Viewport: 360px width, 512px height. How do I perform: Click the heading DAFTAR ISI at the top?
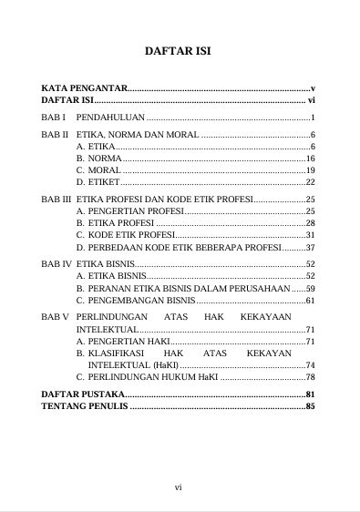coord(179,51)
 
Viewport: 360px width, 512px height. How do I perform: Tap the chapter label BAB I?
coord(54,119)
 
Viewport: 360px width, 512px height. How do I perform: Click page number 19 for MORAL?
coord(310,170)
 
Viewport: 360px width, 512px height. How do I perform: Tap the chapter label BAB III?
coord(57,199)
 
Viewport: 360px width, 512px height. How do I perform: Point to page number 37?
coord(310,247)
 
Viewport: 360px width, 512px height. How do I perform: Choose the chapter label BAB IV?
coord(57,263)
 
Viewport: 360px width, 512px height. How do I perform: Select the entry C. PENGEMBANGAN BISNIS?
coord(136,300)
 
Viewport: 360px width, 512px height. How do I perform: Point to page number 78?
coord(310,376)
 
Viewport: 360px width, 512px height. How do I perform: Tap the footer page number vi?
coord(180,487)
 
